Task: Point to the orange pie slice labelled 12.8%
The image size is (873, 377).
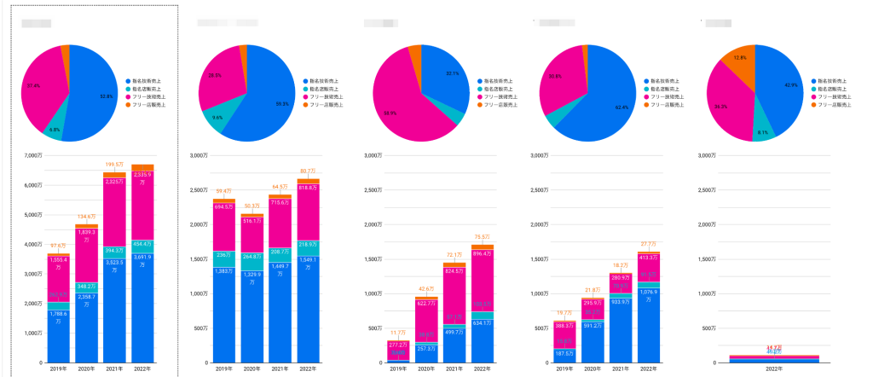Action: [738, 62]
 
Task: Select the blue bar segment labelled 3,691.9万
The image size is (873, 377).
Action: [142, 307]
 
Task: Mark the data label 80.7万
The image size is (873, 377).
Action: [309, 171]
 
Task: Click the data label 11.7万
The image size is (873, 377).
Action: [398, 333]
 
